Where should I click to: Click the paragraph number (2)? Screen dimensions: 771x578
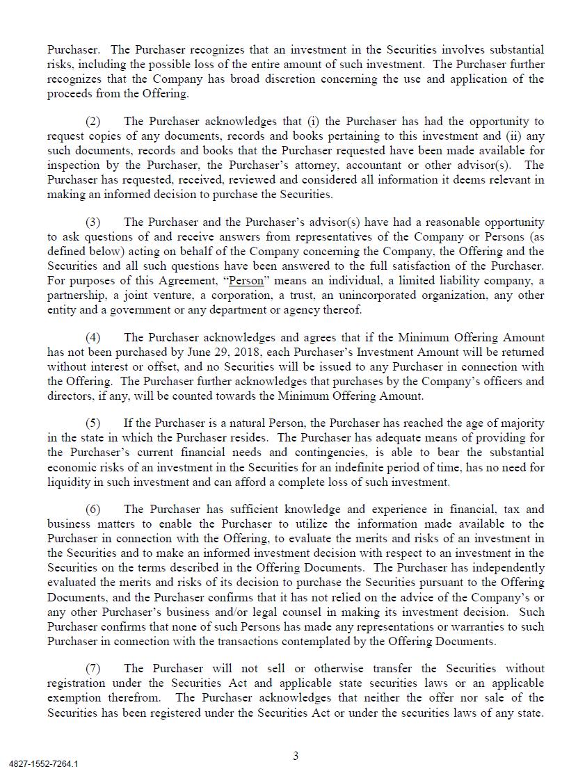click(93, 122)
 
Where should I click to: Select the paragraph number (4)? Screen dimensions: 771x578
click(93, 338)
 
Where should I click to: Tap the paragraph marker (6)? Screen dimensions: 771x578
click(93, 510)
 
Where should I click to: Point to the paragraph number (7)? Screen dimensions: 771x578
click(93, 669)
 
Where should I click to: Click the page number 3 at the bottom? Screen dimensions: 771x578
click(296, 756)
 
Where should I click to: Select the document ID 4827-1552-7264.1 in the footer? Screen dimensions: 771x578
click(44, 763)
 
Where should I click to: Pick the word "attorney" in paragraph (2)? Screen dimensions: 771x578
click(307, 165)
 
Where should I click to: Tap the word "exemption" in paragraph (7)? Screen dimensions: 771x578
click(75, 698)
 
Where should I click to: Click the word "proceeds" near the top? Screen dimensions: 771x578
click(69, 93)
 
